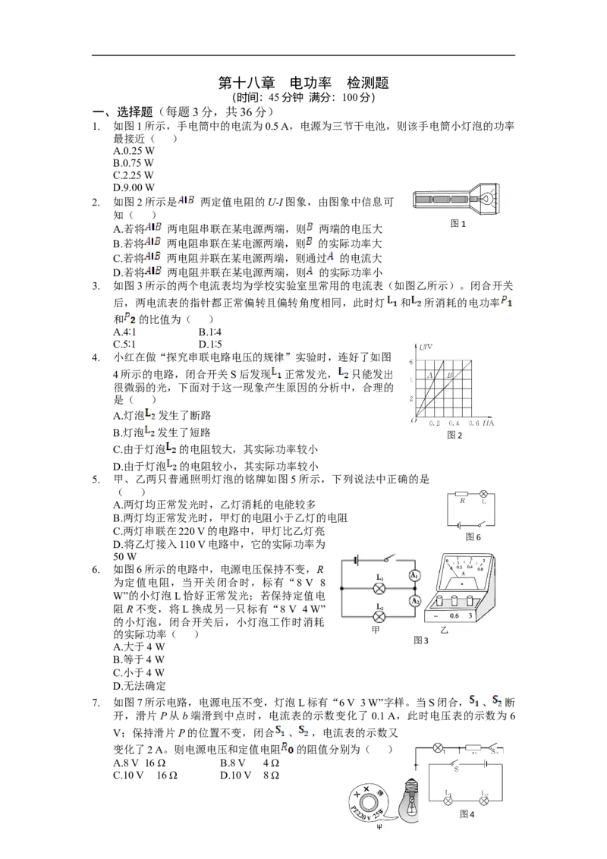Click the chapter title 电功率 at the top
[310, 83]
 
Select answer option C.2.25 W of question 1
[134, 175]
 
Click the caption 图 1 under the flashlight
[458, 224]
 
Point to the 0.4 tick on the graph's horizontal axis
[454, 423]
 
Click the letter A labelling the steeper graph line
[431, 376]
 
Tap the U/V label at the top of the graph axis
[426, 347]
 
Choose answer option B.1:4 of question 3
[210, 332]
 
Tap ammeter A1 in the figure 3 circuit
[415, 575]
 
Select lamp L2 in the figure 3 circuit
[379, 617]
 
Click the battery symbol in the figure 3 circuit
[356, 561]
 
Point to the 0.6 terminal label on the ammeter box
[454, 615]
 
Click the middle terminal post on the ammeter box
[454, 601]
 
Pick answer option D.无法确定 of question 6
[139, 686]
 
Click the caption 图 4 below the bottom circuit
[467, 814]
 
